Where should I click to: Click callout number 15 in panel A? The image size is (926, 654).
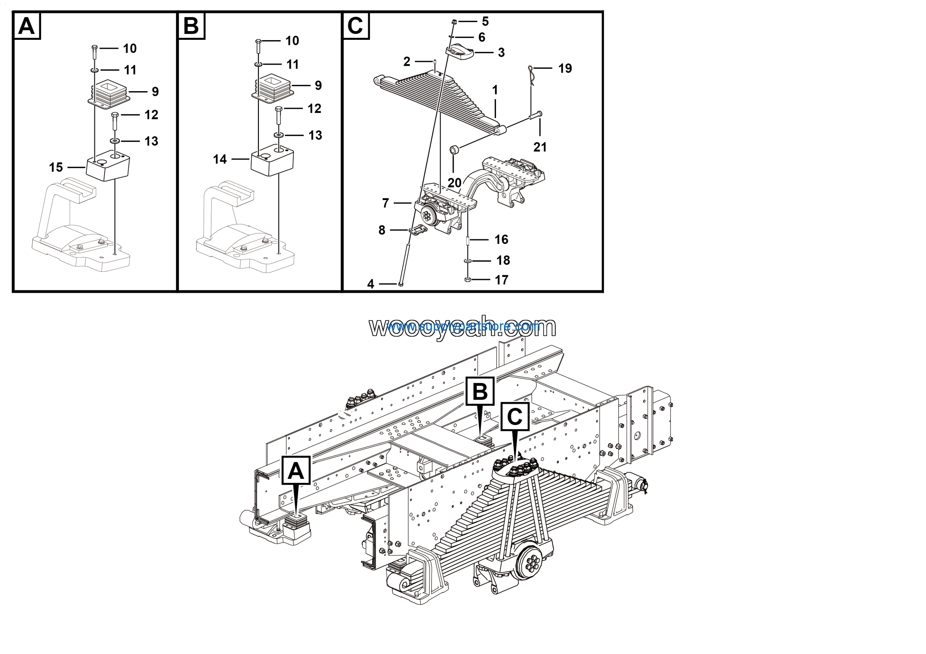pyautogui.click(x=56, y=167)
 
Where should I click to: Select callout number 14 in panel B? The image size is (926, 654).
pyautogui.click(x=220, y=159)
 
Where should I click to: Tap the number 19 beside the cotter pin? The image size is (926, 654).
pyautogui.click(x=565, y=68)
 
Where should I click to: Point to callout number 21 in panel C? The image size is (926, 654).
pyautogui.click(x=540, y=147)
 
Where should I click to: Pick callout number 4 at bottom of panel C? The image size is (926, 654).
pyautogui.click(x=371, y=284)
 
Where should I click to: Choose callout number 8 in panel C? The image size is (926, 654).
pyautogui.click(x=382, y=230)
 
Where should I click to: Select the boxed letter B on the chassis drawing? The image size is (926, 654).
pyautogui.click(x=480, y=391)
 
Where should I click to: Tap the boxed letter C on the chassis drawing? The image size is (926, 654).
pyautogui.click(x=515, y=416)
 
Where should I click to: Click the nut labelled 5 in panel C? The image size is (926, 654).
pyautogui.click(x=454, y=21)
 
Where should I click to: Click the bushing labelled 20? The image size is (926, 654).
pyautogui.click(x=455, y=150)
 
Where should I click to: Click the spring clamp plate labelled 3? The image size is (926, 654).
pyautogui.click(x=460, y=52)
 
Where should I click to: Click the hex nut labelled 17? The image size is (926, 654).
pyautogui.click(x=467, y=279)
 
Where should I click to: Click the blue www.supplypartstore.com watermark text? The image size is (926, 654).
pyautogui.click(x=463, y=326)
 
